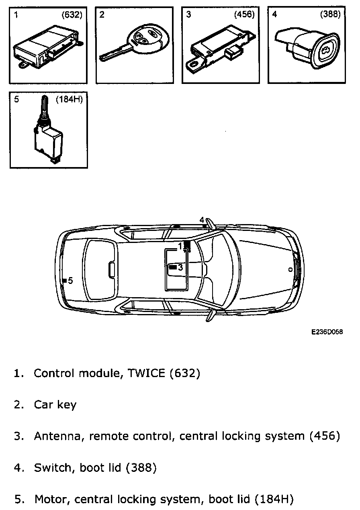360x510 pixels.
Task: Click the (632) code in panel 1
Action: [x=72, y=15]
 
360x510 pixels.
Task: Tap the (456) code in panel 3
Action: [x=244, y=15]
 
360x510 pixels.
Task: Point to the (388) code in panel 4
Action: [x=330, y=15]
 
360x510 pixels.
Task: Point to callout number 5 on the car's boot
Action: [x=71, y=281]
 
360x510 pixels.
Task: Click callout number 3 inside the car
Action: [x=180, y=267]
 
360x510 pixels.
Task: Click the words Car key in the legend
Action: [x=55, y=405]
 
